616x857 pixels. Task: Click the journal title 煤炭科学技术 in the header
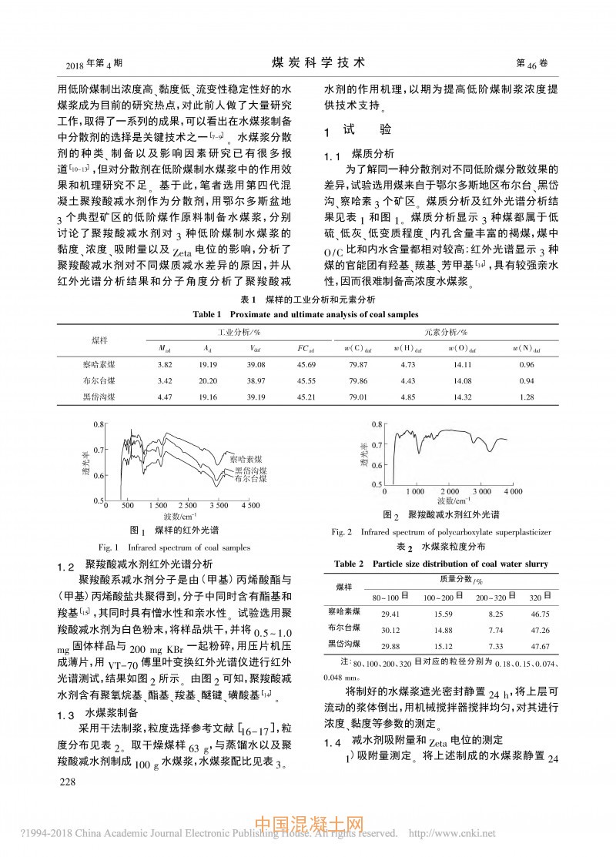[307, 62]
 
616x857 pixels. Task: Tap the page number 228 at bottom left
[60, 804]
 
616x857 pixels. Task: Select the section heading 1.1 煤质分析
[358, 154]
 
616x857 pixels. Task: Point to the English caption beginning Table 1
[307, 314]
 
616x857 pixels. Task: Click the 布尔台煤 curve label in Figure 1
[250, 479]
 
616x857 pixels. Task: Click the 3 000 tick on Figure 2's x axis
[482, 491]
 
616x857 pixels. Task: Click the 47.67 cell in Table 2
[539, 643]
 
